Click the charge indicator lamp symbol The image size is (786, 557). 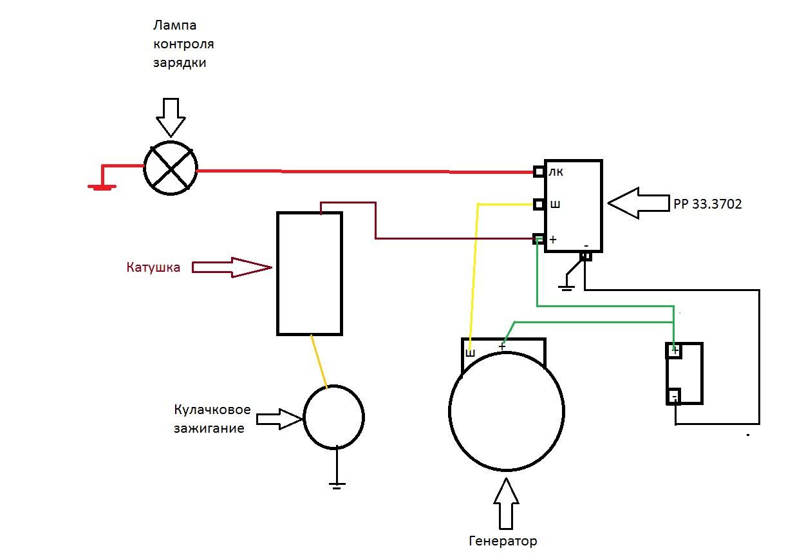171,167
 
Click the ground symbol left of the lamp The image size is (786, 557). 102,186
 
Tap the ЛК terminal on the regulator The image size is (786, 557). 539,171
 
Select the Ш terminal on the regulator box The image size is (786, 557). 539,204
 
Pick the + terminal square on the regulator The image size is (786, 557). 539,239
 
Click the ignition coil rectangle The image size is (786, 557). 310,274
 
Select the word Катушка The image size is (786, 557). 153,267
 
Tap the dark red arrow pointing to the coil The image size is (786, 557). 232,267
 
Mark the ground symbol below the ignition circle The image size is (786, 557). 336,484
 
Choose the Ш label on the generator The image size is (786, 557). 470,353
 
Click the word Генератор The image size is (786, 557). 503,541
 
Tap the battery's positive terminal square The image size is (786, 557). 673,351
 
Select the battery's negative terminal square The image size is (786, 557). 673,396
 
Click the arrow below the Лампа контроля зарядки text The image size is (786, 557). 171,116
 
